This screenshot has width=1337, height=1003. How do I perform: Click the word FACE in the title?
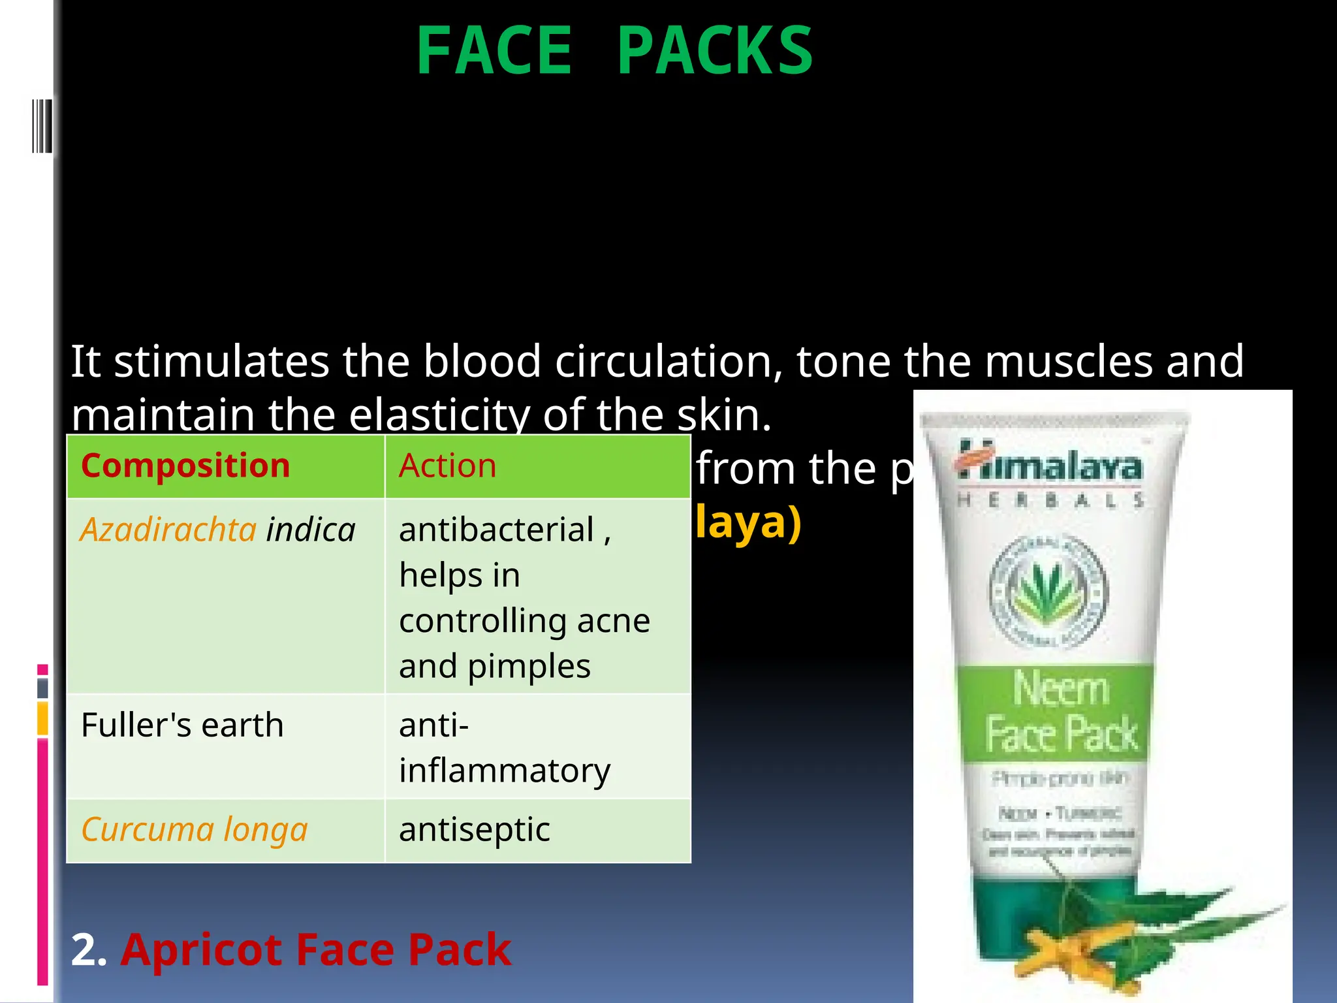click(494, 51)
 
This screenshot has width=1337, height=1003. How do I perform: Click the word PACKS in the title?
click(715, 51)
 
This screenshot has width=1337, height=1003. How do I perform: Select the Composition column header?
click(185, 466)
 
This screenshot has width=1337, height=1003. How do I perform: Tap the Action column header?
click(448, 466)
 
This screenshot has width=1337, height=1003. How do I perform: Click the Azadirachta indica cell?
click(218, 530)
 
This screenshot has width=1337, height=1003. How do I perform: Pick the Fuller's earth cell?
click(183, 725)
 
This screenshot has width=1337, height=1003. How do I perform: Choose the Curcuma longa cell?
click(195, 829)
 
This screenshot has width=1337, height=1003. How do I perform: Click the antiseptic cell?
click(475, 829)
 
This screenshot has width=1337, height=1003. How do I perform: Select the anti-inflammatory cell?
click(504, 748)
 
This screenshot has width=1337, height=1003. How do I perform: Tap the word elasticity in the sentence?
click(439, 415)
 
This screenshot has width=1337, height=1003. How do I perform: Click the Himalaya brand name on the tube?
click(1051, 466)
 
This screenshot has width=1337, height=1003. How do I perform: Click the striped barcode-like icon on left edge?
click(41, 125)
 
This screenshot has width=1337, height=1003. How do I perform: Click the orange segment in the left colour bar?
click(42, 718)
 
